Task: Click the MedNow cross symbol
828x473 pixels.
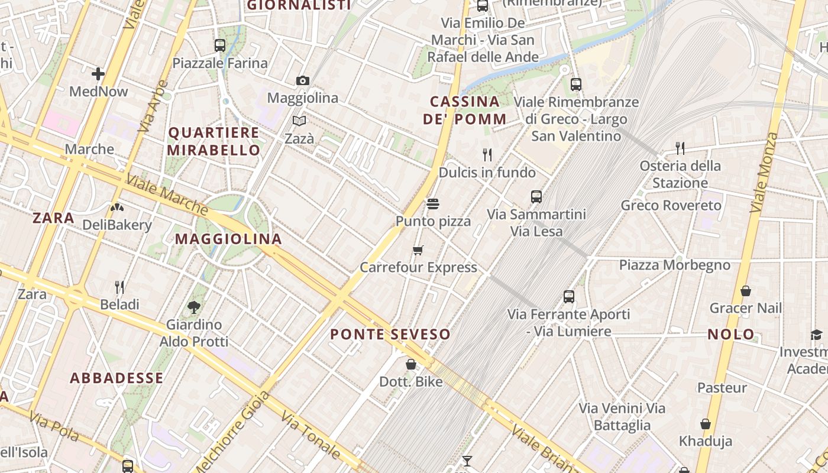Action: pyautogui.click(x=98, y=74)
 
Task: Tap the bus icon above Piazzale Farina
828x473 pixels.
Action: pyautogui.click(x=220, y=45)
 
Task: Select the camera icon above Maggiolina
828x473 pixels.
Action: pyautogui.click(x=303, y=80)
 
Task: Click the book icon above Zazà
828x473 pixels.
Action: pyautogui.click(x=300, y=121)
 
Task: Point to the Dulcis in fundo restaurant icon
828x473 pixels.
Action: pyautogui.click(x=487, y=155)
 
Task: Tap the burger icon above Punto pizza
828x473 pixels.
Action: pyautogui.click(x=433, y=205)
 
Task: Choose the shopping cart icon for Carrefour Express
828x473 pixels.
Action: pyautogui.click(x=418, y=250)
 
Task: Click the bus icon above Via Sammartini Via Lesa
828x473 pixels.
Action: pyautogui.click(x=536, y=197)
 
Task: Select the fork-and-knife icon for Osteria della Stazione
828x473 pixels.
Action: pyautogui.click(x=680, y=148)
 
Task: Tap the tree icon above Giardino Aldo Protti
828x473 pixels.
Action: pyautogui.click(x=193, y=307)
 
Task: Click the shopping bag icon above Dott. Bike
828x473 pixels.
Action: pyautogui.click(x=411, y=364)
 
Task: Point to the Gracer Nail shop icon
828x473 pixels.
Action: pyautogui.click(x=746, y=291)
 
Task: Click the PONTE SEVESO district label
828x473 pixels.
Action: pyautogui.click(x=390, y=335)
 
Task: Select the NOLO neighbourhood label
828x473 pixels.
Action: pyautogui.click(x=731, y=335)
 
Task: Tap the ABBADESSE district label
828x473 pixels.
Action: pyautogui.click(x=117, y=378)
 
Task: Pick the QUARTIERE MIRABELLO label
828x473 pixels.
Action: pyautogui.click(x=214, y=141)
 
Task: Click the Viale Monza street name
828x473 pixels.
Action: pyautogui.click(x=764, y=173)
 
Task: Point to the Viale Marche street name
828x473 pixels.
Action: pyautogui.click(x=167, y=195)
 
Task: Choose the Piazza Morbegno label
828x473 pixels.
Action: pyautogui.click(x=674, y=265)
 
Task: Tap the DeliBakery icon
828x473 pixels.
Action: pyautogui.click(x=117, y=208)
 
